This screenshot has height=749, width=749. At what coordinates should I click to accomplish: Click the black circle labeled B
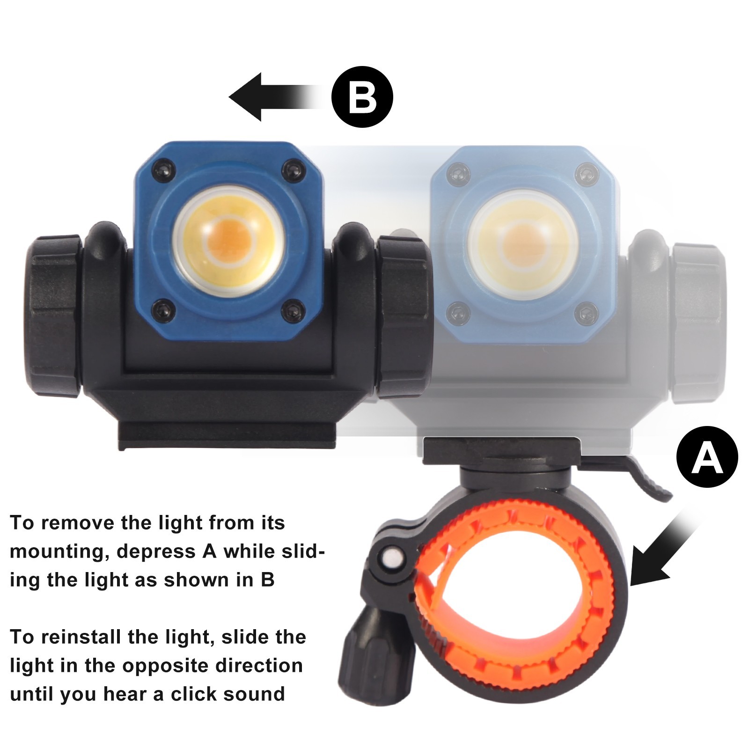point(362,97)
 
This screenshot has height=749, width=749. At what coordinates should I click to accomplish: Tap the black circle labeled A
point(707,456)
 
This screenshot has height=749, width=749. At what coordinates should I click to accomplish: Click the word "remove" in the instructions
point(77,523)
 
